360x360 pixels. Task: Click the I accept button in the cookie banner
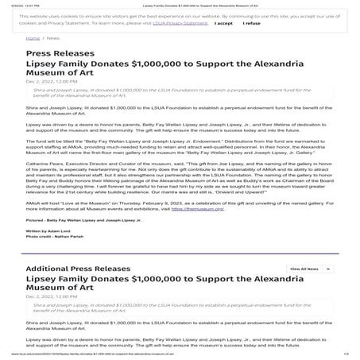(223, 24)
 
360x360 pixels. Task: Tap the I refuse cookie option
(251, 24)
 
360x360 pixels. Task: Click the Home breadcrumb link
(33, 37)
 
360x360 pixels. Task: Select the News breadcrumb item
(54, 37)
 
